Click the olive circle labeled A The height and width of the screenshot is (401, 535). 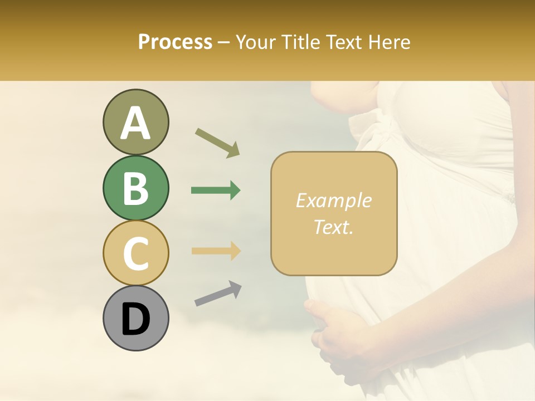[135, 122]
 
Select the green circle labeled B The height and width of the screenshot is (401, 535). [135, 188]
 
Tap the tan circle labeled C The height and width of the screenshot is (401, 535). [135, 253]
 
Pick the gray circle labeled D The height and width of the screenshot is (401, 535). [135, 318]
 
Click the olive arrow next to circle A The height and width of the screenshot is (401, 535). [217, 143]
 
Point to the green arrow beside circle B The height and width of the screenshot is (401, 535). [216, 190]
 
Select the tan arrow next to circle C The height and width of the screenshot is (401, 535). [216, 251]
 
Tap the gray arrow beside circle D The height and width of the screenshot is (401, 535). [218, 294]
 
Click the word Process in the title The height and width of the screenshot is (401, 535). [175, 42]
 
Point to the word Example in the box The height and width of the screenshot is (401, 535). [333, 200]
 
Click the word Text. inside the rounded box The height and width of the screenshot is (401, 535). [333, 227]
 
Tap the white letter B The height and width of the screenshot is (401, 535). [135, 188]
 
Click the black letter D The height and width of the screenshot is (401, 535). [135, 319]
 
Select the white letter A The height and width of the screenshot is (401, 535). [135, 123]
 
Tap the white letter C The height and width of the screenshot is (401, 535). [135, 253]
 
